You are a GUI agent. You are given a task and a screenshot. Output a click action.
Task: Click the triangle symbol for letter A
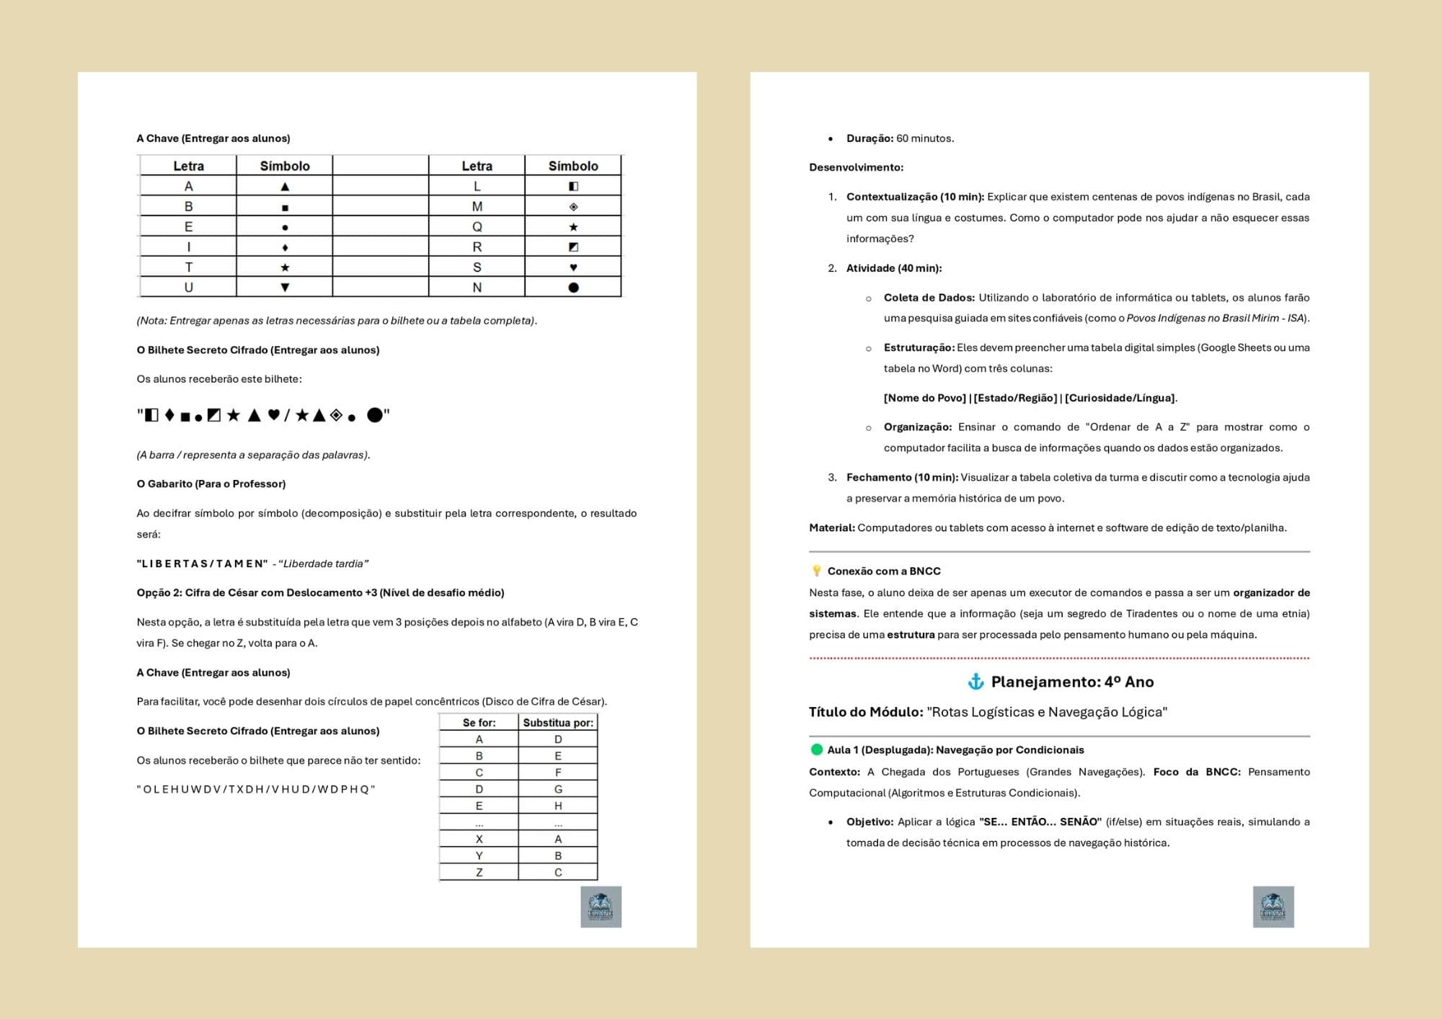coord(285,187)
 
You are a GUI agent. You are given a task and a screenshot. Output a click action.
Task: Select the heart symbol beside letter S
coord(573,267)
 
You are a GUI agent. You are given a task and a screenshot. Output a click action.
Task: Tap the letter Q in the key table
coord(477,227)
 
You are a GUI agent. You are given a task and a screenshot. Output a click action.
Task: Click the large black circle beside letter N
coord(573,288)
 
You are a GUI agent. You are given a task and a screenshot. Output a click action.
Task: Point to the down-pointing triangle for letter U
coord(285,288)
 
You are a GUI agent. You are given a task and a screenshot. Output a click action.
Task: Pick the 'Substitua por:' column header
coord(558,723)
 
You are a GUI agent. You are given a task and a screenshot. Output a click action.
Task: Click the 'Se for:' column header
coord(479,723)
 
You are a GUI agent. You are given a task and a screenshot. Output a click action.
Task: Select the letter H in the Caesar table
coord(558,806)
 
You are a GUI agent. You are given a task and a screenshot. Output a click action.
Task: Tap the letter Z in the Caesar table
coord(479,873)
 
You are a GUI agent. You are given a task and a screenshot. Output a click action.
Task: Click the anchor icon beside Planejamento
coord(976,682)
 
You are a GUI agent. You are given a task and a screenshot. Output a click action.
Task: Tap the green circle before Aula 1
coord(817,749)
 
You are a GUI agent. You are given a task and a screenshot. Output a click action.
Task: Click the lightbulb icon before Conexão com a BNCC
coord(816,571)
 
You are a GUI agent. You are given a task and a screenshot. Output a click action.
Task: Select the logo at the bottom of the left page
coord(601,907)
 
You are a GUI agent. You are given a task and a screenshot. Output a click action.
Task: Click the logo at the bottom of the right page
coord(1273,907)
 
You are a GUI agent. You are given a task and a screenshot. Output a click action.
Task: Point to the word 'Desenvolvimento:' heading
coord(856,167)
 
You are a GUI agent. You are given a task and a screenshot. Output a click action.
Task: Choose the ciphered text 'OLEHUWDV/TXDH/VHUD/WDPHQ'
coord(256,789)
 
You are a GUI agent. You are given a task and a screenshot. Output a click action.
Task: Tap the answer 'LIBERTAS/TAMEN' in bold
coord(202,564)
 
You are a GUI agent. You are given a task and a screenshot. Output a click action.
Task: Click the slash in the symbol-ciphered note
coord(287,415)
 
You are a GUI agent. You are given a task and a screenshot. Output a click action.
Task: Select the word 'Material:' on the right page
coord(831,528)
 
